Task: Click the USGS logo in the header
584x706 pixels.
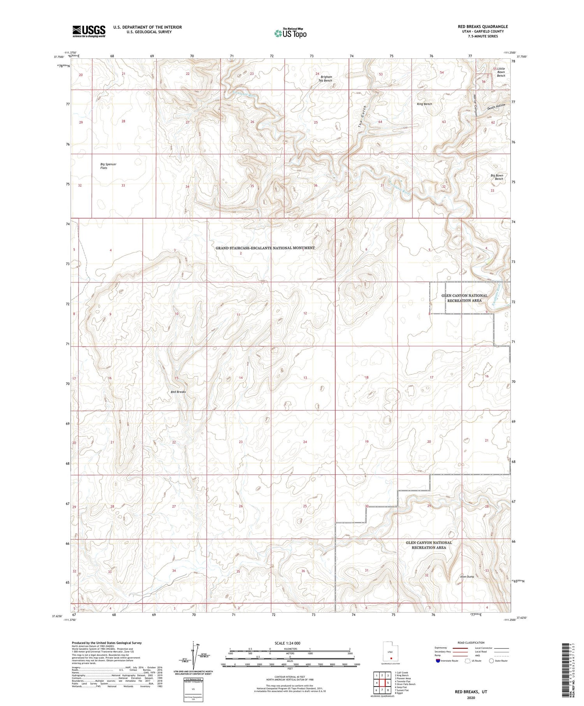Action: pos(89,31)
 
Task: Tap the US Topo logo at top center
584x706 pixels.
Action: pos(290,33)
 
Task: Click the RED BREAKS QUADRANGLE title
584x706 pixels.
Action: pos(483,26)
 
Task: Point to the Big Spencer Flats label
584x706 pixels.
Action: pos(108,166)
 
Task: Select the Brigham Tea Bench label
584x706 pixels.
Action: pos(326,79)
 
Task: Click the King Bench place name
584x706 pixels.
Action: pos(424,104)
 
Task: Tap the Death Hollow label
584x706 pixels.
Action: pos(496,106)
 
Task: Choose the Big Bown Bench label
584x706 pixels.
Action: pos(497,177)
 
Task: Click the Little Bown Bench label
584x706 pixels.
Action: pos(501,72)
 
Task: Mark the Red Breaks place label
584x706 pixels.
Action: pos(178,392)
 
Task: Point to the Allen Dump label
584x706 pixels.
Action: pos(467,577)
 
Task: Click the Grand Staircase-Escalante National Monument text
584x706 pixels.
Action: pos(265,248)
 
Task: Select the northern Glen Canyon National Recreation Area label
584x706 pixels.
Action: pos(464,298)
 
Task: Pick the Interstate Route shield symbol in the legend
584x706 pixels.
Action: pos(438,661)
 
